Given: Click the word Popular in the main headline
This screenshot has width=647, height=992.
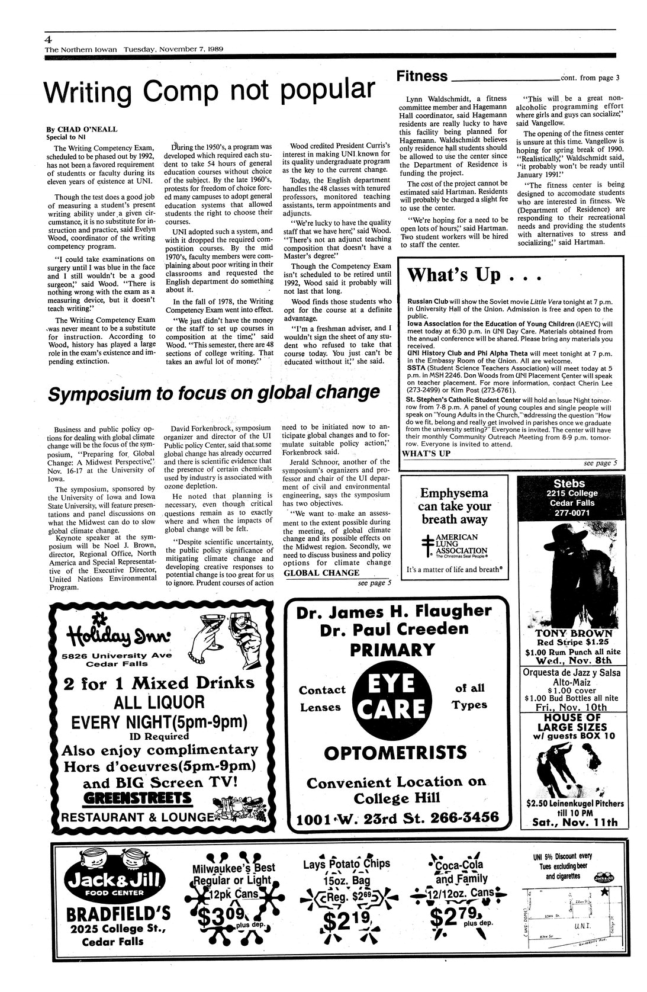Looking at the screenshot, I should coord(327,90).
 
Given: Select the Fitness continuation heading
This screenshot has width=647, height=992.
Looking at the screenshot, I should coord(422,76).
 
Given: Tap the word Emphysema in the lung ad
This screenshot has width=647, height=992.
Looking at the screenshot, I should coord(455,493).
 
